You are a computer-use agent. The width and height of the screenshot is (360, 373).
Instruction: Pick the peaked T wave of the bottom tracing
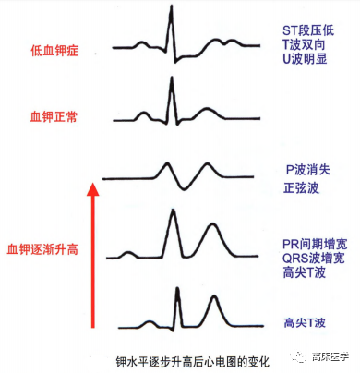(213, 300)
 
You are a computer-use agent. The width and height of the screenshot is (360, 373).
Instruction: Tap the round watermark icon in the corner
(296, 354)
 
